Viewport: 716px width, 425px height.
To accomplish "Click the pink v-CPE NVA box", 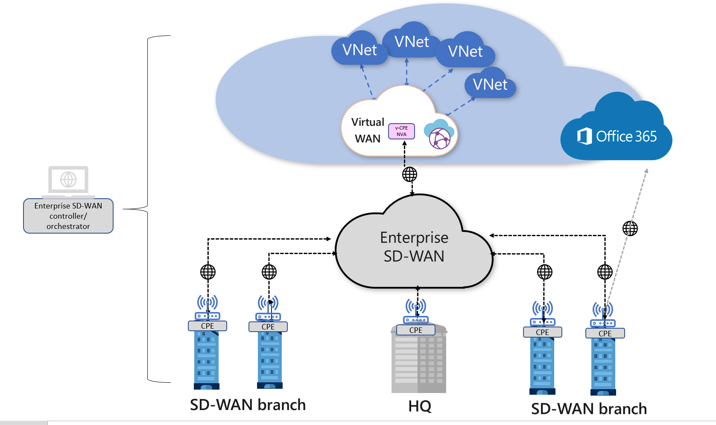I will click(401, 131).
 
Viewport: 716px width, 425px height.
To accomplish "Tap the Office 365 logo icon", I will click(584, 136).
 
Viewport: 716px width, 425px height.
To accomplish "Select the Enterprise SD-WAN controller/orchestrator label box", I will click(68, 216).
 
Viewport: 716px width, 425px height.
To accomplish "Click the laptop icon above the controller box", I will click(68, 181).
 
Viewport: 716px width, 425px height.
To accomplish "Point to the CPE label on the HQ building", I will click(415, 330).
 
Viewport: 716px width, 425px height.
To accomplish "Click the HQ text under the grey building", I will click(420, 406).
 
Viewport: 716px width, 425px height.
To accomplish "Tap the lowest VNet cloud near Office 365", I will click(490, 85).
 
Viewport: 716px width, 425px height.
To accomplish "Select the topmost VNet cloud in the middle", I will click(412, 42).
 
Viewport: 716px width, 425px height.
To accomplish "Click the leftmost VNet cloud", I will click(359, 50).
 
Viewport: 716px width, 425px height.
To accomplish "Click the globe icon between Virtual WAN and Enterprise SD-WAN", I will click(409, 174).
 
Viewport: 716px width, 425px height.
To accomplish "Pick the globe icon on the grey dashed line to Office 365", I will click(630, 228).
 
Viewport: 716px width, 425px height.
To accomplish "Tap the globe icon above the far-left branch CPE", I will click(208, 272).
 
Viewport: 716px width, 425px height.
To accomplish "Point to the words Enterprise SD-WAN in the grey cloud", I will click(414, 247).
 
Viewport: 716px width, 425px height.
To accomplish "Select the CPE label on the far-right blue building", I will click(605, 333).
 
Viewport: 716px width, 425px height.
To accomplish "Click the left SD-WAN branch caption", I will click(248, 405).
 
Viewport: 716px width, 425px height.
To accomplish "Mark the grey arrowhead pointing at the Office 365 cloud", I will click(646, 171).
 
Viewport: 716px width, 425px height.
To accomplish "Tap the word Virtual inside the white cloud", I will click(368, 122).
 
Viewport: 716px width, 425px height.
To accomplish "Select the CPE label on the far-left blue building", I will click(207, 326).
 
